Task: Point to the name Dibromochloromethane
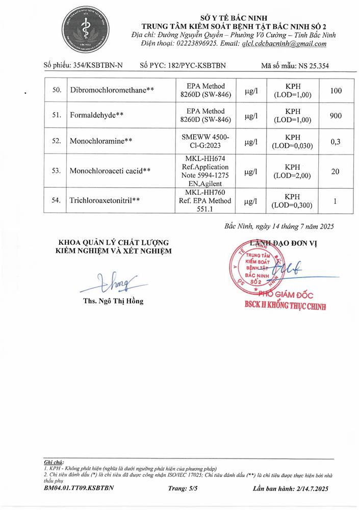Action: pos(112,91)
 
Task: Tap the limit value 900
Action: pos(336,116)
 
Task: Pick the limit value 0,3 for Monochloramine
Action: pos(336,141)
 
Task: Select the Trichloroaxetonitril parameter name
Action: pos(105,201)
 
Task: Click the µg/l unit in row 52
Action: pos(251,141)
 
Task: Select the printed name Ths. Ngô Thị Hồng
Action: pos(113,301)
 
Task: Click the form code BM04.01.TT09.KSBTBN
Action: pos(79,488)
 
